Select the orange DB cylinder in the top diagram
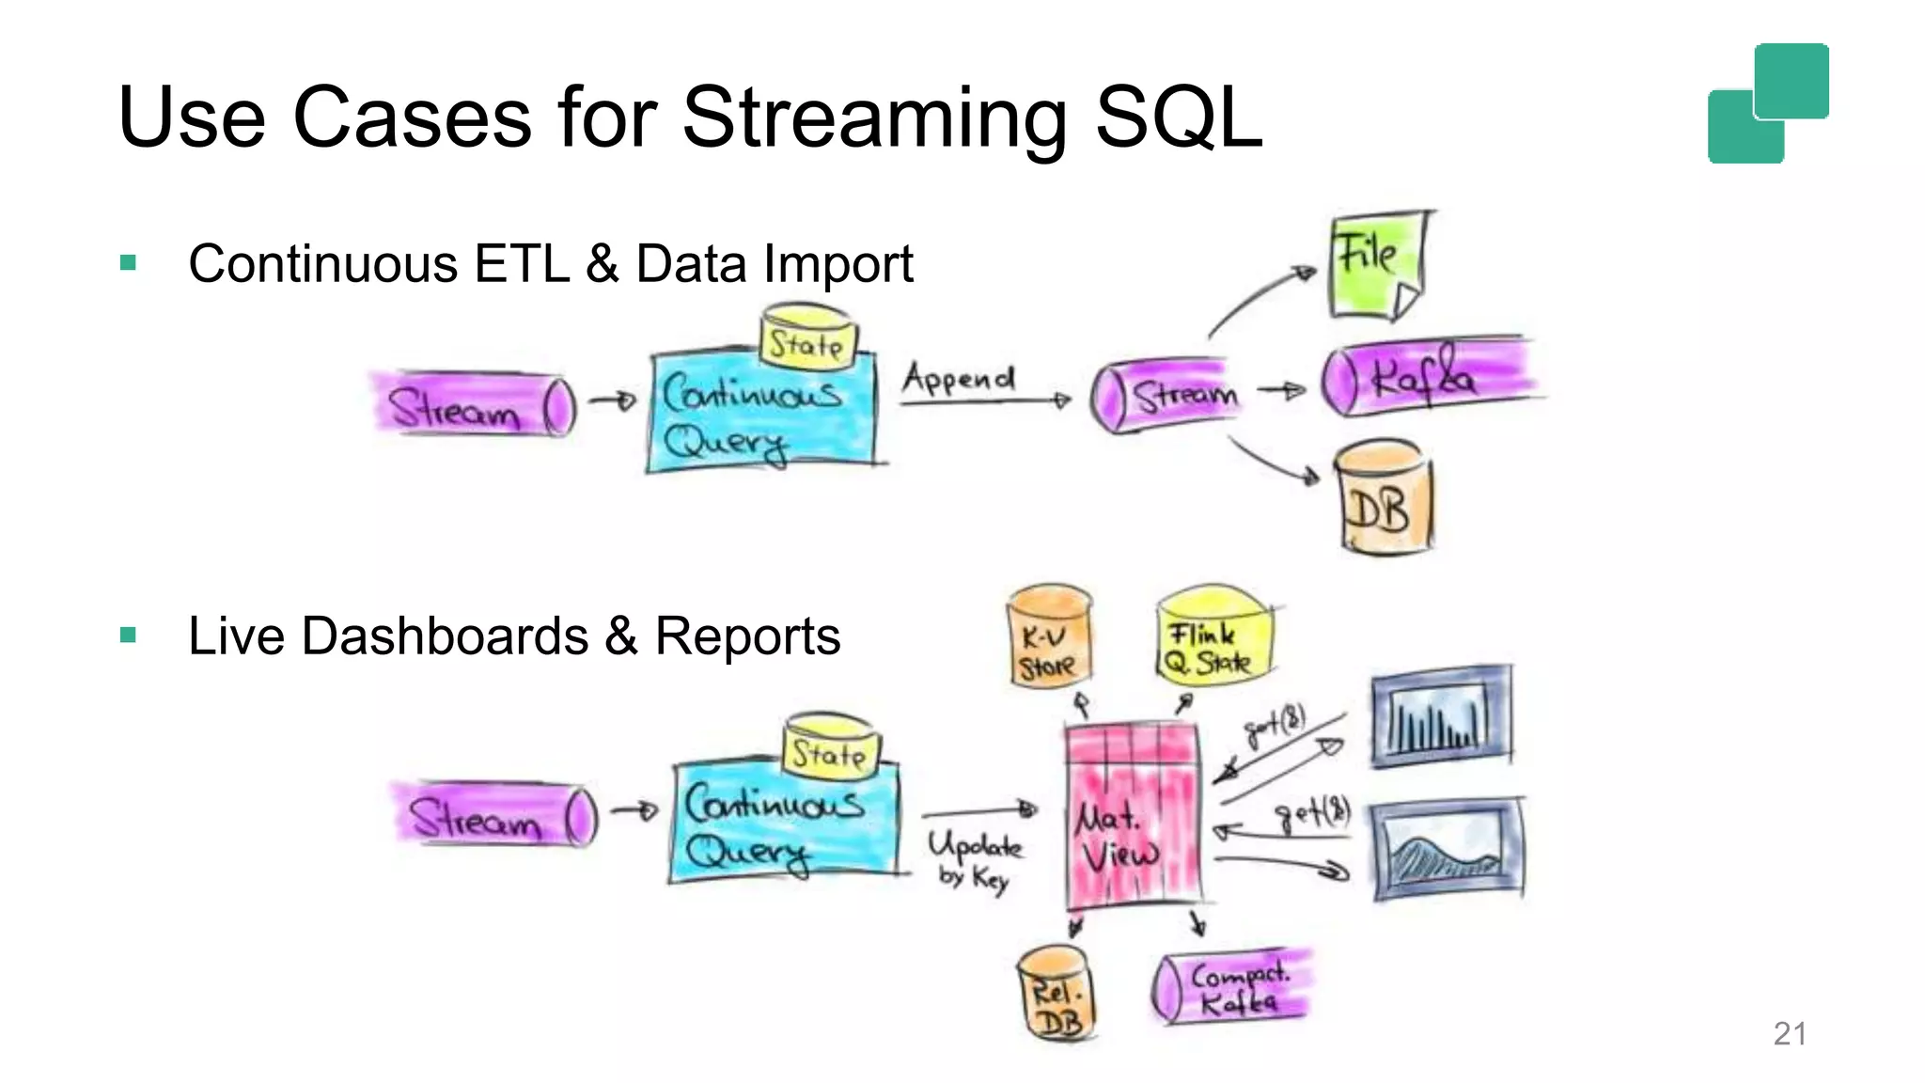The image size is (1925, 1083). [1384, 498]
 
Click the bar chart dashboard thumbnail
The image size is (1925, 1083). [1441, 716]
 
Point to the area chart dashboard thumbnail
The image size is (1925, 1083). [1448, 849]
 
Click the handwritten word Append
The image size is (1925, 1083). [959, 378]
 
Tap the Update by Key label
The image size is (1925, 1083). [975, 859]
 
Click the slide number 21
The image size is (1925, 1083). [1789, 1034]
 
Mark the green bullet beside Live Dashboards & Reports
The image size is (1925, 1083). [129, 636]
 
